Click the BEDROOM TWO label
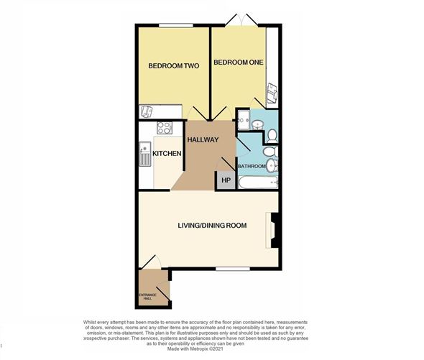click(x=174, y=65)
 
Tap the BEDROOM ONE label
click(x=238, y=63)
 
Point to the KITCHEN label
click(x=167, y=154)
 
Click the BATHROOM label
click(x=252, y=166)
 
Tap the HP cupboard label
click(x=226, y=180)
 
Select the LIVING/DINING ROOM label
click(x=212, y=226)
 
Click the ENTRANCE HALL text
click(x=147, y=297)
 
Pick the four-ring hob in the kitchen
click(x=165, y=128)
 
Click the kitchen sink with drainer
click(x=145, y=154)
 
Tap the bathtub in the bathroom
click(x=258, y=183)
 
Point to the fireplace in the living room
click(x=274, y=230)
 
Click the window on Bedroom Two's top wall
click(x=176, y=25)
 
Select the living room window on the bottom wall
click(x=233, y=269)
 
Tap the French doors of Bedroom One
click(x=241, y=21)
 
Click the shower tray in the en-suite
click(x=244, y=120)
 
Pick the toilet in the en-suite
click(x=272, y=136)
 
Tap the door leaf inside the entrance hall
click(x=163, y=294)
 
